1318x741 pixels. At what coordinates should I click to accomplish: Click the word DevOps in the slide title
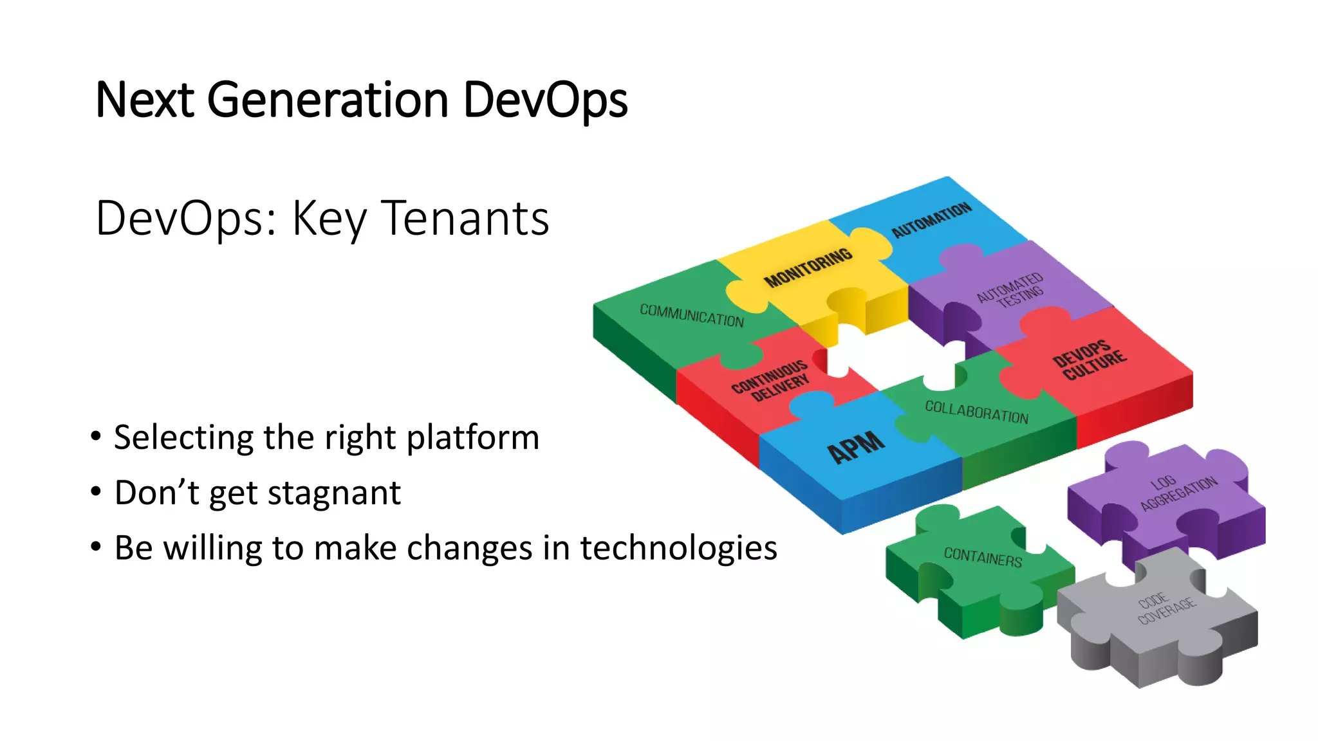pyautogui.click(x=544, y=101)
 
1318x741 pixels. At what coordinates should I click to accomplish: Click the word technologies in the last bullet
pyautogui.click(x=678, y=548)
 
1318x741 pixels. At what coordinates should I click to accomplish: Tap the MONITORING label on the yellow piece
pyautogui.click(x=808, y=267)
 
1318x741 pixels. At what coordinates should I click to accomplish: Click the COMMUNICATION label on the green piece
pyautogui.click(x=691, y=315)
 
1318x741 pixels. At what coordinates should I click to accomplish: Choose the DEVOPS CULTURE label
pyautogui.click(x=1089, y=360)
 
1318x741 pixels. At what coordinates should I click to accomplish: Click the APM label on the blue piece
pyautogui.click(x=855, y=446)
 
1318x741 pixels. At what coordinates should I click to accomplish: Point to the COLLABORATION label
pyautogui.click(x=976, y=412)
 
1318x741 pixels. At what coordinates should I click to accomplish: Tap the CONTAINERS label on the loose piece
pyautogui.click(x=983, y=556)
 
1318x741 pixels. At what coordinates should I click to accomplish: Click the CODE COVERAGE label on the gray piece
pyautogui.click(x=1165, y=608)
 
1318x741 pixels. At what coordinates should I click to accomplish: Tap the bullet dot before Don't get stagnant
pyautogui.click(x=96, y=493)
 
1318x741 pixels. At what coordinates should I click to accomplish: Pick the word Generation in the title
pyautogui.click(x=328, y=101)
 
